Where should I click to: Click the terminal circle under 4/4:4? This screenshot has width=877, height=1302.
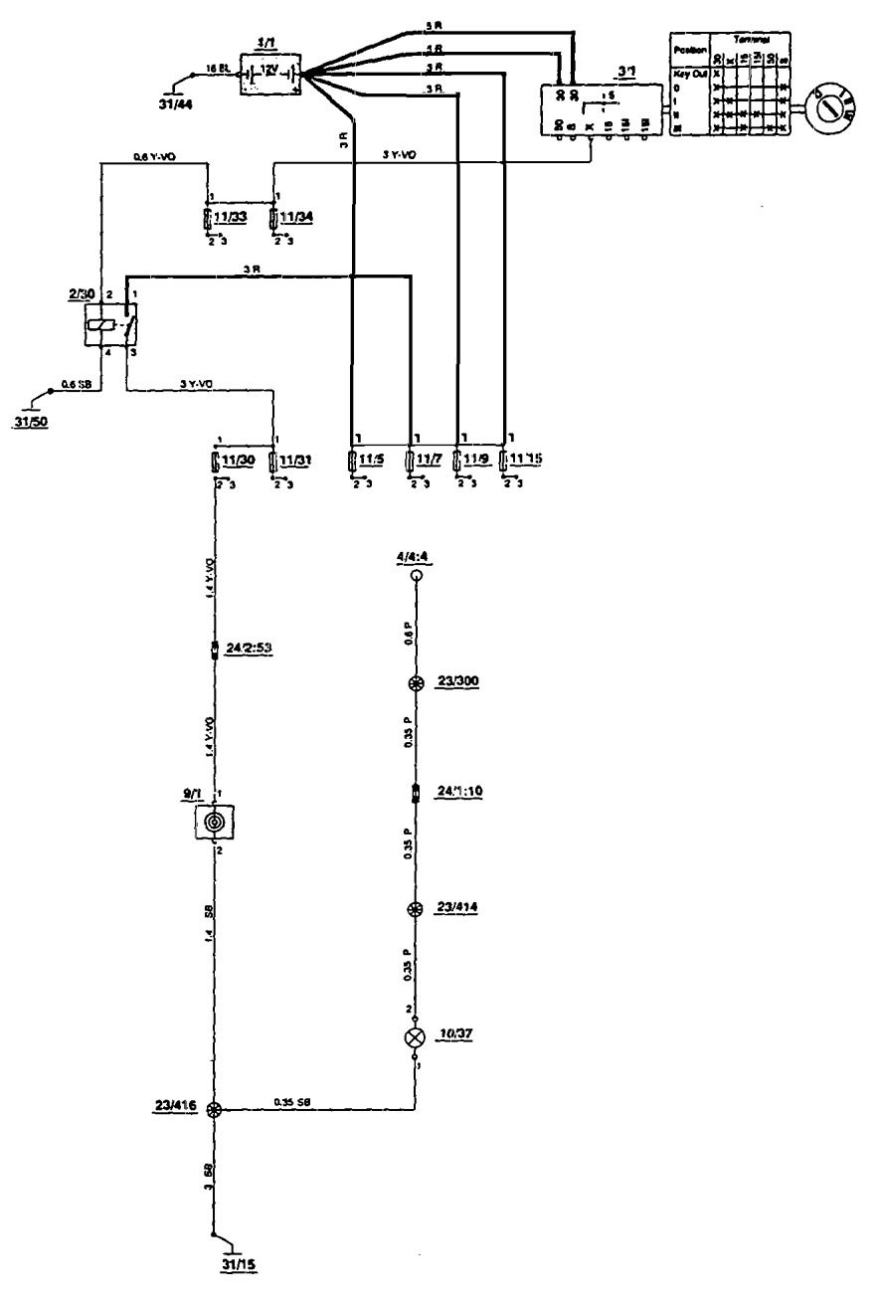pyautogui.click(x=418, y=576)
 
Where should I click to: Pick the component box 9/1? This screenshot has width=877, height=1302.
pyautogui.click(x=215, y=822)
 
